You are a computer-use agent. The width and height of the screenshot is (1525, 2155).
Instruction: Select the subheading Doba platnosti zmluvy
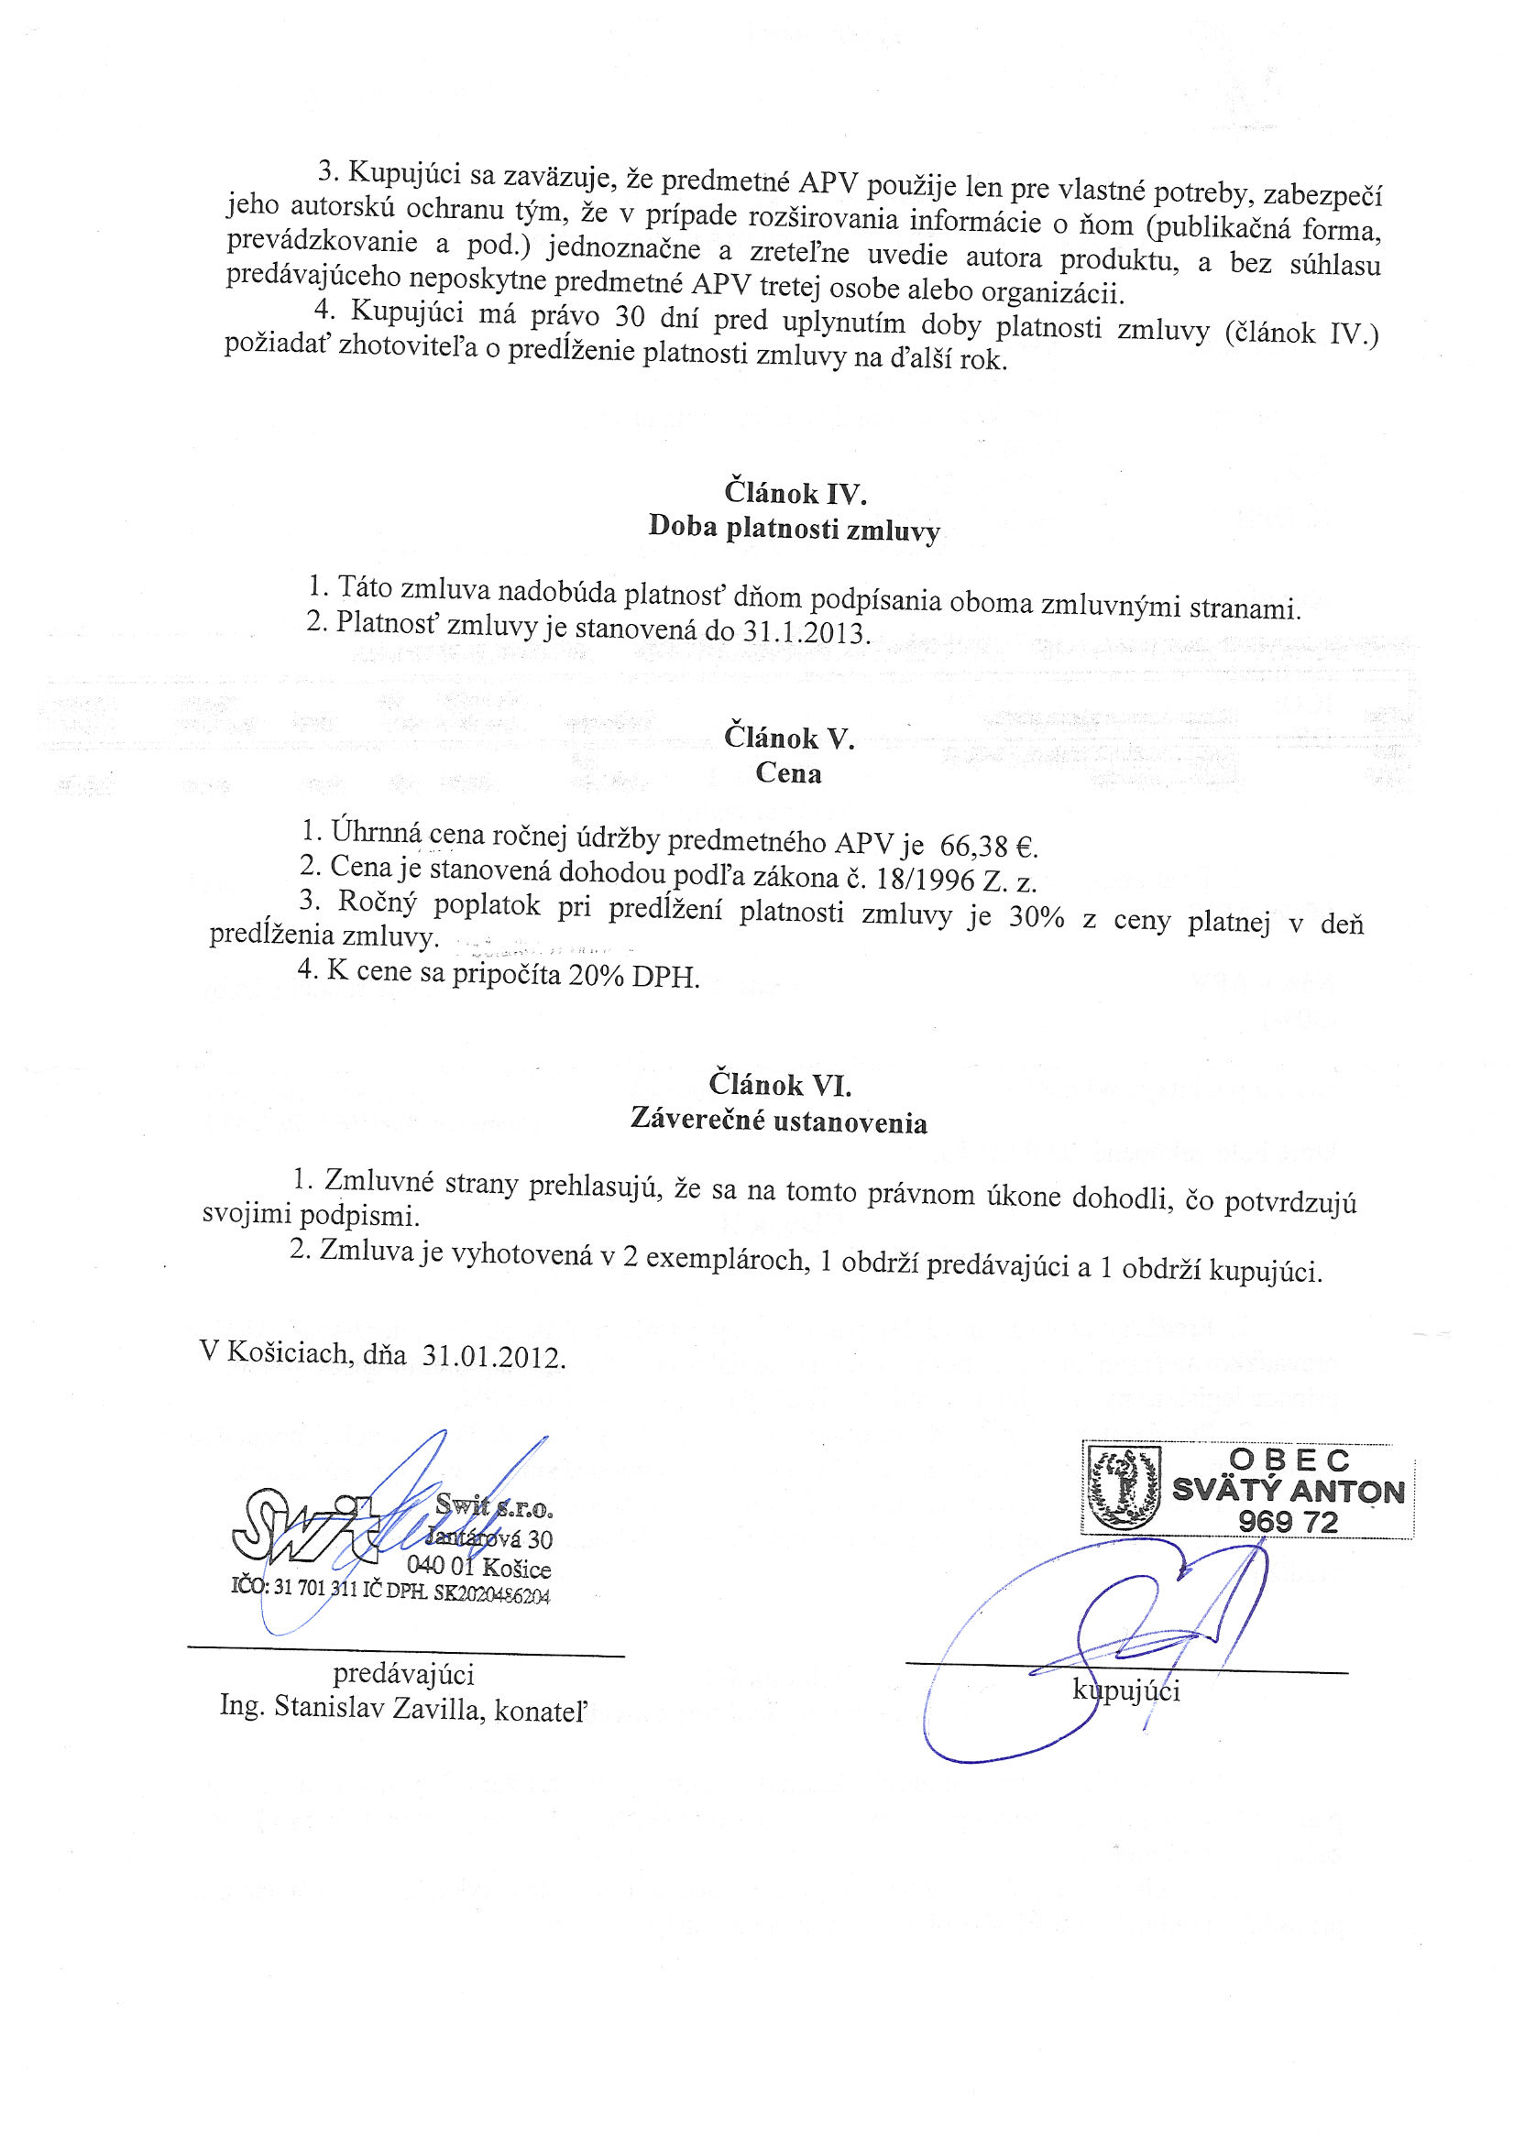(x=794, y=529)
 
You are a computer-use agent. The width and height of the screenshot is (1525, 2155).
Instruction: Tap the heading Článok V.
(x=789, y=738)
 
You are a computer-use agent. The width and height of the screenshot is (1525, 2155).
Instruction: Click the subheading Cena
(x=788, y=773)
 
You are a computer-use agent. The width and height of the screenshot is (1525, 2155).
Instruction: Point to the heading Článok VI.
(x=779, y=1085)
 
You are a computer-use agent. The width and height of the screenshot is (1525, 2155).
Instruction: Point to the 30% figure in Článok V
(x=1036, y=917)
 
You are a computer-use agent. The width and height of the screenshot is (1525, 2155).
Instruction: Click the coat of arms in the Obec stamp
(x=1122, y=1487)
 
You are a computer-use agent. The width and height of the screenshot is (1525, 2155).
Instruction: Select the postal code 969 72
(x=1288, y=1522)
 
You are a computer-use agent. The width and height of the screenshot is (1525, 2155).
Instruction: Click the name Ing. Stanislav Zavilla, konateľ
(x=403, y=1705)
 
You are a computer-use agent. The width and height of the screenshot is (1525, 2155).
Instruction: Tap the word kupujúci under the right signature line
(x=1126, y=1690)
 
